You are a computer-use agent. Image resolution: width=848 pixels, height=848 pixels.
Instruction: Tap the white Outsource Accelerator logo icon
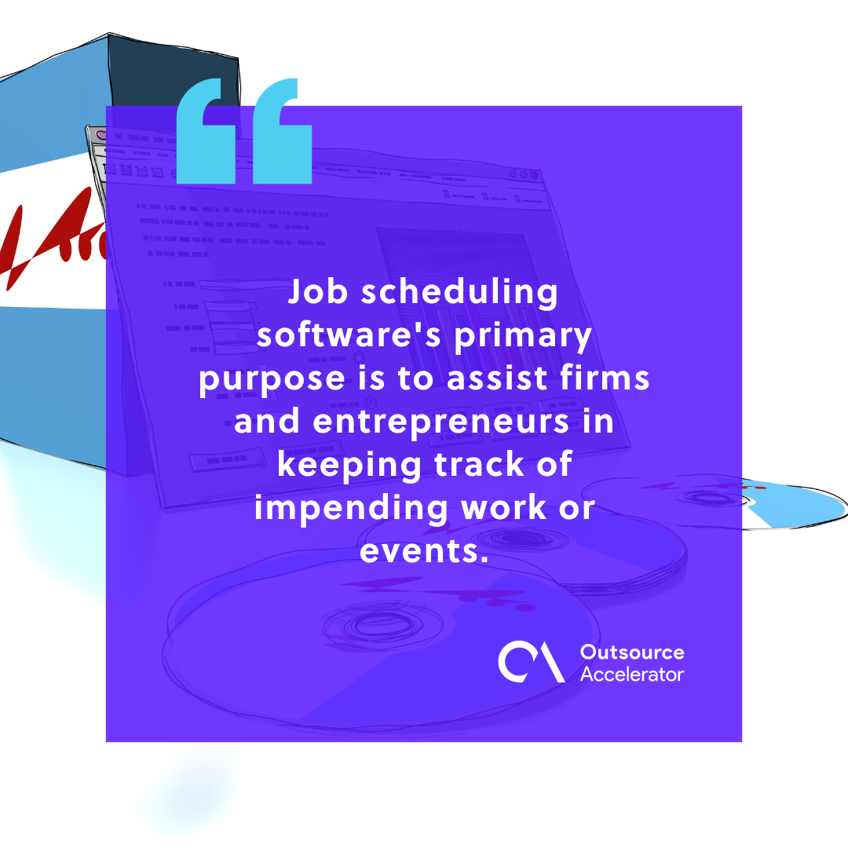point(531,663)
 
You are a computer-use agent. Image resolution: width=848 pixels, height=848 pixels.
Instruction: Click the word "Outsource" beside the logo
point(631,652)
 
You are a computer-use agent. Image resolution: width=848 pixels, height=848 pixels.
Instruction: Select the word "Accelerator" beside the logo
point(631,674)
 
